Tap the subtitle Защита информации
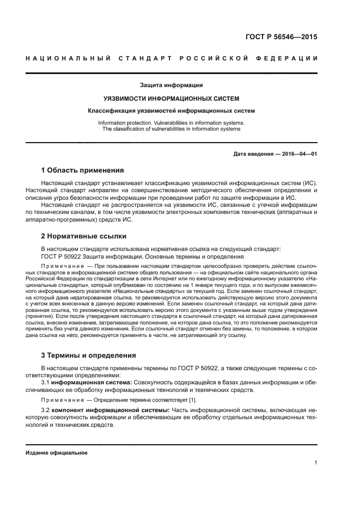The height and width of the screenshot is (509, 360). point(172,85)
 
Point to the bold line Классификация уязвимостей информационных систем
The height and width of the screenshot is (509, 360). point(172,111)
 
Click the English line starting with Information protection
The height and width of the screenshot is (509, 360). point(172,123)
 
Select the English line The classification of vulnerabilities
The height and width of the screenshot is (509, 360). point(172,129)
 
